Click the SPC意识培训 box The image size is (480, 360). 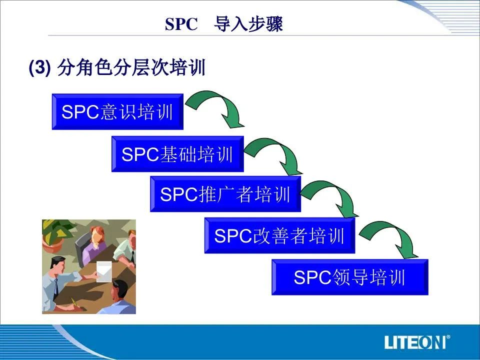[x=117, y=111]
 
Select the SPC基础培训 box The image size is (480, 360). [x=177, y=154]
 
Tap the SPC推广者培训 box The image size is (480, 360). [x=225, y=194]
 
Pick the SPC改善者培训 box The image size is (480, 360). [x=280, y=235]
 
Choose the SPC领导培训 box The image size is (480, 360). [x=350, y=277]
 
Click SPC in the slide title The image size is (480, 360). [x=181, y=24]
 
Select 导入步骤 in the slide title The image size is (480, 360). [x=248, y=23]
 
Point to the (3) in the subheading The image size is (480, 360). [x=39, y=67]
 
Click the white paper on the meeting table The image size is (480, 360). [x=104, y=271]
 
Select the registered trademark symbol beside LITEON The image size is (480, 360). [x=448, y=337]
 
